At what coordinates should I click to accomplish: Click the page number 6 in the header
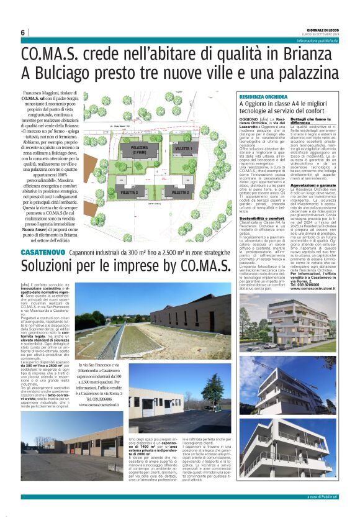click(23, 32)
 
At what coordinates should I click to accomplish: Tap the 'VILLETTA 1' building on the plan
click(184, 150)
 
